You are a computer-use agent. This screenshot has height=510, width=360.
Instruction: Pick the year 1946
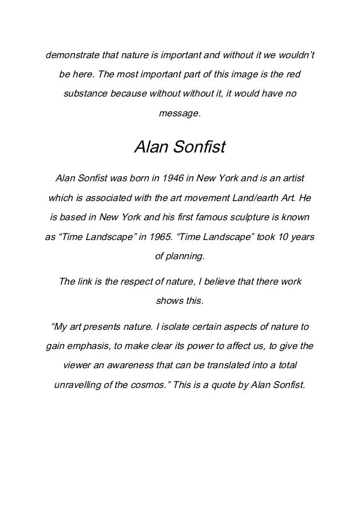[x=172, y=179]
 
